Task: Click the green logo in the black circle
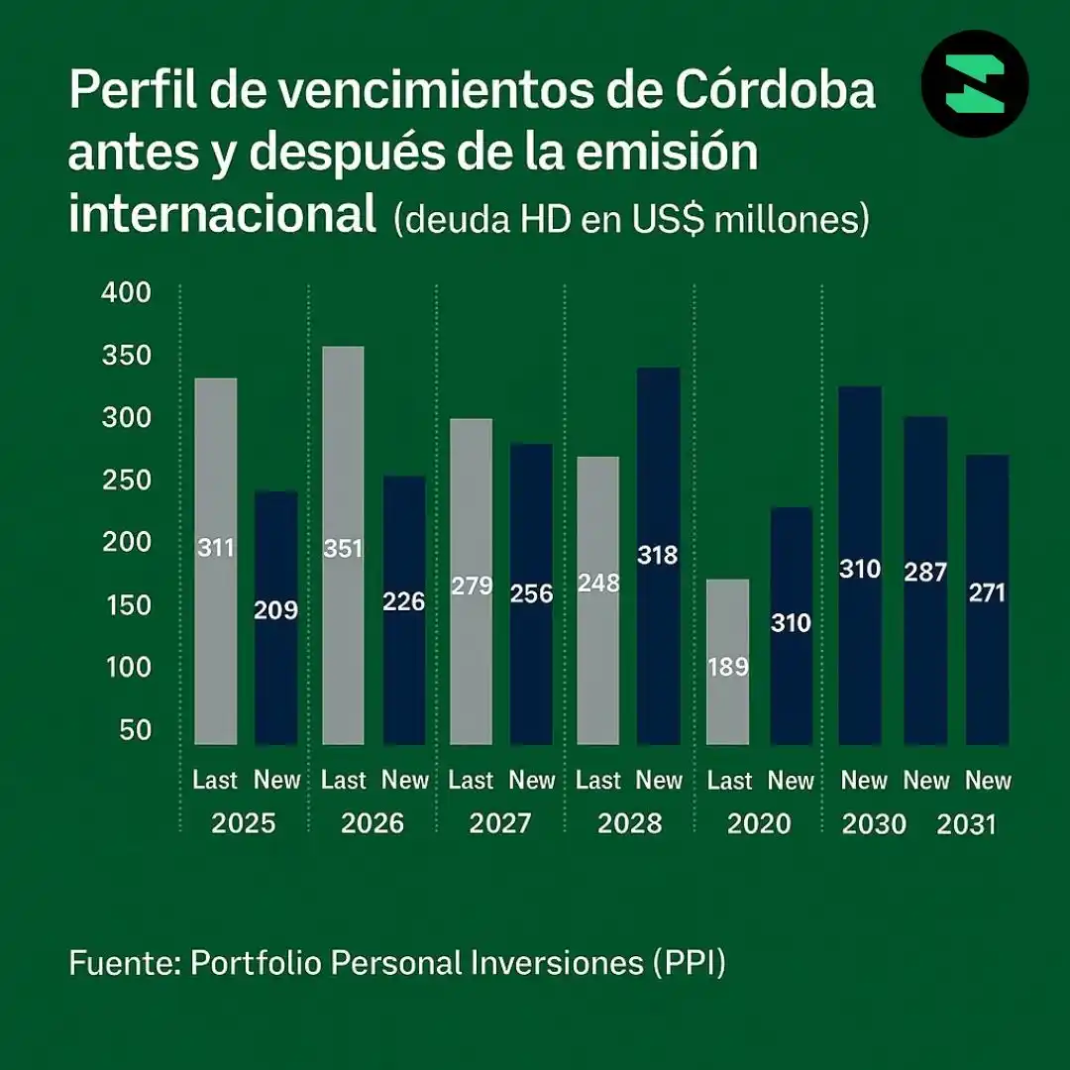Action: point(975,84)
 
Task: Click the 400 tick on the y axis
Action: point(126,293)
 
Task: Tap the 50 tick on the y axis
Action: point(136,730)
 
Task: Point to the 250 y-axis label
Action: point(126,481)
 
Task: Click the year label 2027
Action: point(500,823)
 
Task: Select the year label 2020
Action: point(759,823)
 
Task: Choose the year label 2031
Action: point(966,824)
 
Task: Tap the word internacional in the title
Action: point(223,215)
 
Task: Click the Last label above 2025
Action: point(215,781)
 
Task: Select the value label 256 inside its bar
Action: point(531,594)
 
